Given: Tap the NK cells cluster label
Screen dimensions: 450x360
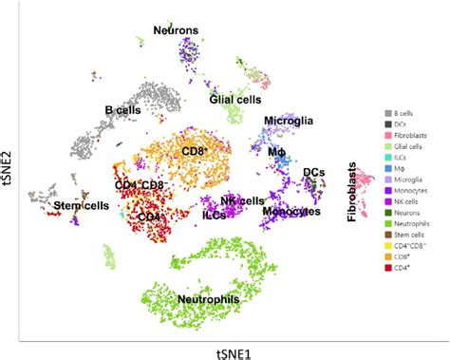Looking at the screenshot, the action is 241,200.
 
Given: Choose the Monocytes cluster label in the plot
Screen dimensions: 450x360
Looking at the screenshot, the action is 290,210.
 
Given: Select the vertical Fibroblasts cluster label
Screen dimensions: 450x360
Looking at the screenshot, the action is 353,196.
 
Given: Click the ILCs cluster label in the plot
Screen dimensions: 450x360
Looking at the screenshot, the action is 214,216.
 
